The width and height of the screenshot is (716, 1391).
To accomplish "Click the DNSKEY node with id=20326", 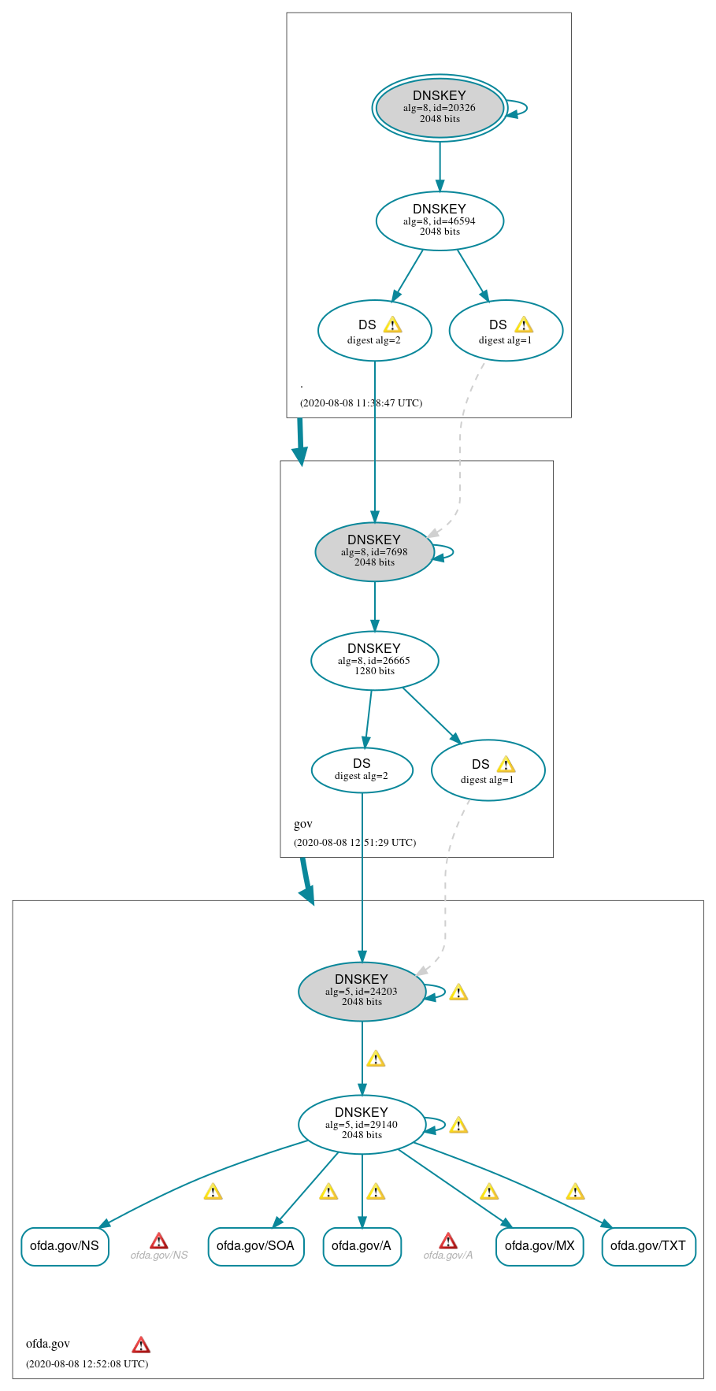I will (440, 108).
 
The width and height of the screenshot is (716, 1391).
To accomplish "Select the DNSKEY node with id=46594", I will (440, 221).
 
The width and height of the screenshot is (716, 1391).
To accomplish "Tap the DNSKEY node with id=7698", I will (374, 551).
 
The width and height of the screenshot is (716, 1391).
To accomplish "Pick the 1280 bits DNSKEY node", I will (374, 660).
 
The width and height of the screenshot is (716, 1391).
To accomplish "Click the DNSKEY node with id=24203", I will (362, 991).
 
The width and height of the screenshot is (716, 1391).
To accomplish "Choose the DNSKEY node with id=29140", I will (362, 1124).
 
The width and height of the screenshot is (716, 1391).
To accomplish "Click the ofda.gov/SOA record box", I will (255, 1246).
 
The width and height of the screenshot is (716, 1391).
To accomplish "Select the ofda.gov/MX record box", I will (540, 1246).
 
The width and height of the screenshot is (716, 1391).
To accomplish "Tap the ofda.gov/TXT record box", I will (648, 1246).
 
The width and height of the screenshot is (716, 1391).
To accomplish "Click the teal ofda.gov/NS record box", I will (65, 1246).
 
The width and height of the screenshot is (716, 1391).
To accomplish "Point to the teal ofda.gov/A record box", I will (362, 1246).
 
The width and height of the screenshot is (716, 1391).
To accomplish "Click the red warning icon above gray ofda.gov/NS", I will (159, 1241).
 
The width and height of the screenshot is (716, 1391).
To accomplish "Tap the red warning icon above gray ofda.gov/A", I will (448, 1241).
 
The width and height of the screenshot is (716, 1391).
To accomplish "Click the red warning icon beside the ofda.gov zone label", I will (141, 1345).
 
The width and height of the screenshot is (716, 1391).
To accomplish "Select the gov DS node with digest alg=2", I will (362, 770).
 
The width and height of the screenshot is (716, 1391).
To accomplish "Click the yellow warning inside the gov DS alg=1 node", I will (506, 764).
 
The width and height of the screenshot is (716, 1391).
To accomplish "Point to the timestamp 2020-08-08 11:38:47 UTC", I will (361, 402).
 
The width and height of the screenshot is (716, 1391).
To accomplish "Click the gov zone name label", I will (303, 824).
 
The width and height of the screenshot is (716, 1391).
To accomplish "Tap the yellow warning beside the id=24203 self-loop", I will (458, 992).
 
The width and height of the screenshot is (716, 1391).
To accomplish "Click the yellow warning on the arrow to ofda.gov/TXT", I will (576, 1191).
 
